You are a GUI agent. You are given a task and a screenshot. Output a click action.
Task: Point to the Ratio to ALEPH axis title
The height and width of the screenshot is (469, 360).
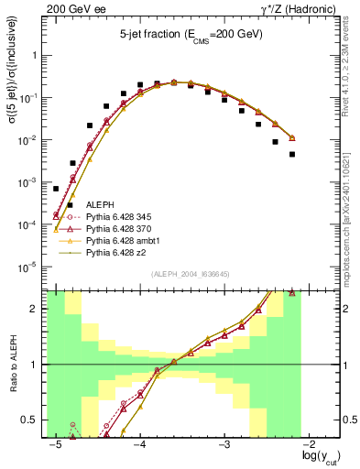12,364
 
